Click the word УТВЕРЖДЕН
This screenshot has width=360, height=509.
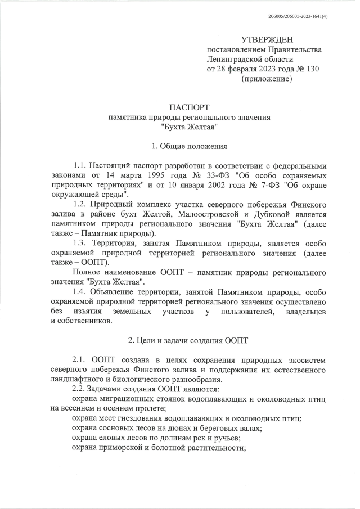point(267,40)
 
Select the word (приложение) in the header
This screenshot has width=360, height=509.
point(267,79)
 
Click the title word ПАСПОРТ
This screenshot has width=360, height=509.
point(189,107)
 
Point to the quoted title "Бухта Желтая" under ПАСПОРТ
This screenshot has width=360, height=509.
point(189,127)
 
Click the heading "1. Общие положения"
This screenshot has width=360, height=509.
point(189,147)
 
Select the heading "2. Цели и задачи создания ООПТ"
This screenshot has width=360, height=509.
point(189,341)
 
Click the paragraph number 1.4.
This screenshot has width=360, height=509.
point(81,292)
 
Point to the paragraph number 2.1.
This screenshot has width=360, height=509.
point(81,360)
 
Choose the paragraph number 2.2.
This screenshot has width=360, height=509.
point(81,389)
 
